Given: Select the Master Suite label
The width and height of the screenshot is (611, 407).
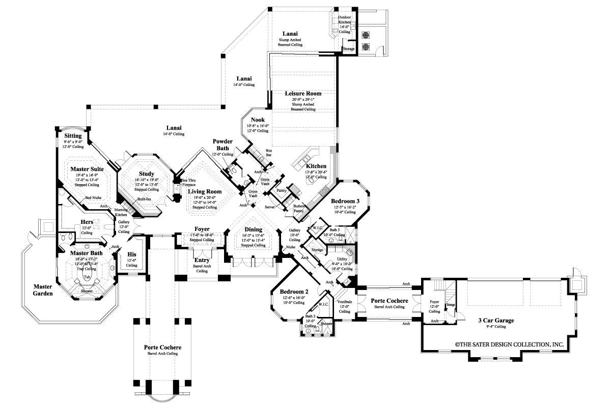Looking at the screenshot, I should tap(87, 168).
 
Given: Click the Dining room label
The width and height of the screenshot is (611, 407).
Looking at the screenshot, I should tap(253, 229).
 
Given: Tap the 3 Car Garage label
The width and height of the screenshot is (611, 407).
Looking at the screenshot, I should tap(495, 321).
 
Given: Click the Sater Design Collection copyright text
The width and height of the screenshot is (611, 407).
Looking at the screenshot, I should tap(509, 344).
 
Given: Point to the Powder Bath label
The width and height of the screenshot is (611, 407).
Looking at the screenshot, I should tap(223, 144).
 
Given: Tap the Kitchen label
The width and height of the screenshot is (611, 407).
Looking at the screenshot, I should tap(316, 166).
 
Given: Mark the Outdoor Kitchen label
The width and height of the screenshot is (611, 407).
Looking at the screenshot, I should tap(345, 19).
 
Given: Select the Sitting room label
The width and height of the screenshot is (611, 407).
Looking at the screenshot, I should tap(73, 136).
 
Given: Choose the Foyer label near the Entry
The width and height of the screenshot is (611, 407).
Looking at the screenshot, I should tap(202, 229).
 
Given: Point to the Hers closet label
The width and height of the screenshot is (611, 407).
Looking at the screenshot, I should tap(87, 222).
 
